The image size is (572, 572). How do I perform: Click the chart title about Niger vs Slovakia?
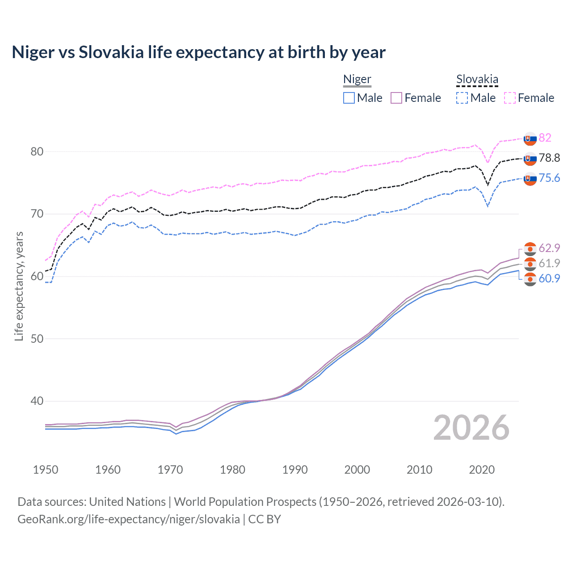pos(198,52)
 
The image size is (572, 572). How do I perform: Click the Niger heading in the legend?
pos(357,80)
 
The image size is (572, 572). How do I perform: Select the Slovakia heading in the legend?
pos(477,80)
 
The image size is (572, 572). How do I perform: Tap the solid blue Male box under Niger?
pos(349,98)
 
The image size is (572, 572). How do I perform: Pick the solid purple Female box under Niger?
pos(396,98)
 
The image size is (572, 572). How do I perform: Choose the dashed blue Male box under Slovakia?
pos(462,98)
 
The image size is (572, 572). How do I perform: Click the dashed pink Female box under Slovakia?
pos(510,98)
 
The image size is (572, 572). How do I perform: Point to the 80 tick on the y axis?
pos(37,151)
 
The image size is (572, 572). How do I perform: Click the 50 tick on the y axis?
pos(37,339)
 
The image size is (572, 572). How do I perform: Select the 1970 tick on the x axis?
pos(170,470)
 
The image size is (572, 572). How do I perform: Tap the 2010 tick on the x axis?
pos(419,470)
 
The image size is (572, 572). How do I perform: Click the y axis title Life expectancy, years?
pos(19,286)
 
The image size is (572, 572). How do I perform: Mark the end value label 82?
pos(545,138)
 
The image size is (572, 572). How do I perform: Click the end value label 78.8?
pos(549,158)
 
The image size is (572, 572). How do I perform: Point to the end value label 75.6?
pos(549,178)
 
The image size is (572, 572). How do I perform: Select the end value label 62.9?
pos(549,248)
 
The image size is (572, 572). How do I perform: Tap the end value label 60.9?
pos(549,278)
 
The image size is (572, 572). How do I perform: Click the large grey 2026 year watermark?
pos(471,428)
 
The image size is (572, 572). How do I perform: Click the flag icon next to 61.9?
pos(530,264)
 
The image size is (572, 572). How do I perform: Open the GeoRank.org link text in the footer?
pos(129,519)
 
